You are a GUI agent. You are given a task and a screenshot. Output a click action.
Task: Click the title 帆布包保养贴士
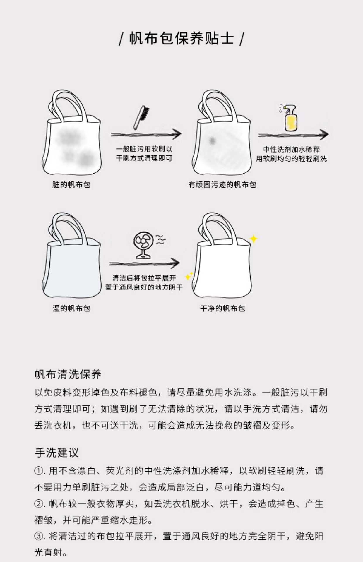click(181, 38)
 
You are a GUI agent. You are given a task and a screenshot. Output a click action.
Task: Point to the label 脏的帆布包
click(71, 184)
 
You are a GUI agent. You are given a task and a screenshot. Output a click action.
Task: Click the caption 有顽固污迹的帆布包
click(222, 184)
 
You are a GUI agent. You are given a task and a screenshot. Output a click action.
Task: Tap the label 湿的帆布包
click(71, 308)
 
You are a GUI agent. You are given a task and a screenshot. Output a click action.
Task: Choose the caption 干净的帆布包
click(222, 308)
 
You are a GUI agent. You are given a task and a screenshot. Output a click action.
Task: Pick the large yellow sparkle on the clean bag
click(254, 239)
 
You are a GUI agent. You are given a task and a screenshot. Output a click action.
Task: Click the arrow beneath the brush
click(146, 134)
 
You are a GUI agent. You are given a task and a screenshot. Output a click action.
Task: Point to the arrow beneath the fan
click(145, 263)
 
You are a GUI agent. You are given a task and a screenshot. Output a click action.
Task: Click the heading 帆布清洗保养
click(68, 374)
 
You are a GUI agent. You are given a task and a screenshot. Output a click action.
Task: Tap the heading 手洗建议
click(57, 453)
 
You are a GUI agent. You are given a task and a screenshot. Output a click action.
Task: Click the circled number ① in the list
click(39, 471)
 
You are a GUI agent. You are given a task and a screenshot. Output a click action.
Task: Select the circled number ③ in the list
click(39, 536)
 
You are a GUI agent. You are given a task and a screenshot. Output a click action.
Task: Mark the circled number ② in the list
click(39, 504)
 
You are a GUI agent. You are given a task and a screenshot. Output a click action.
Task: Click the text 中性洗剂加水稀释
click(291, 149)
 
